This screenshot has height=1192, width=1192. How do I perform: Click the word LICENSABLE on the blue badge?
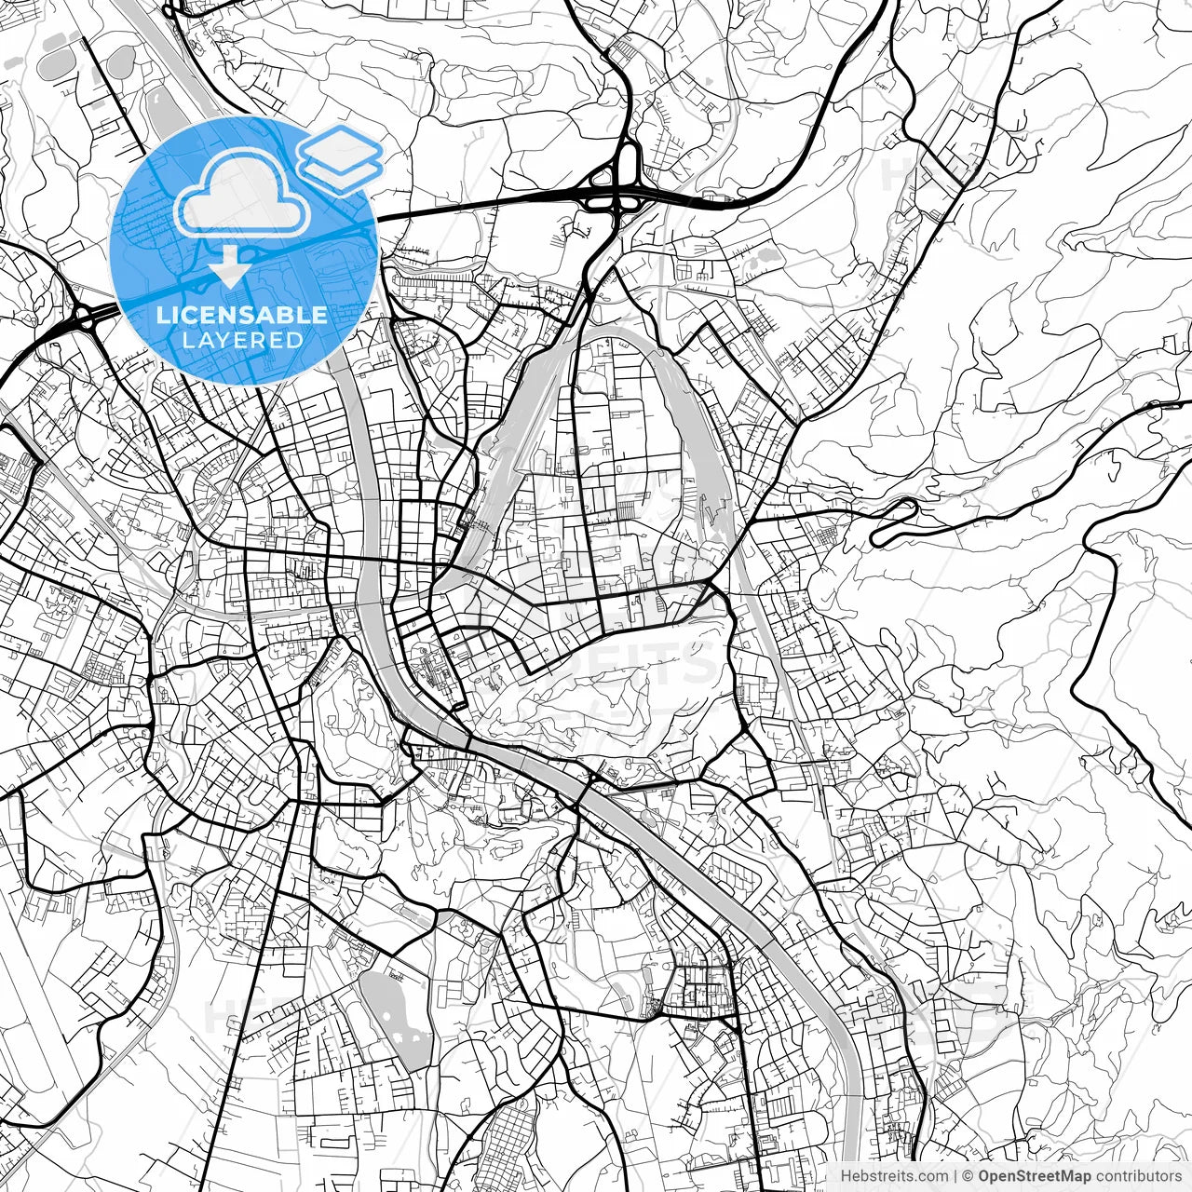click(242, 315)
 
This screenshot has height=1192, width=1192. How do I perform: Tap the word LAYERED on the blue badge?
click(242, 340)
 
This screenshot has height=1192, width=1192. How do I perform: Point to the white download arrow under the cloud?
click(228, 266)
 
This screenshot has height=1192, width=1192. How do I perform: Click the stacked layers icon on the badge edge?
click(340, 158)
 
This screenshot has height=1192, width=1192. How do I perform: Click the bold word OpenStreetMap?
click(1034, 1176)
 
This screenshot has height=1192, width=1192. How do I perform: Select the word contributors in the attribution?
click(1138, 1176)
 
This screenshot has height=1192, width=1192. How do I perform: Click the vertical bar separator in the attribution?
click(956, 1176)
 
